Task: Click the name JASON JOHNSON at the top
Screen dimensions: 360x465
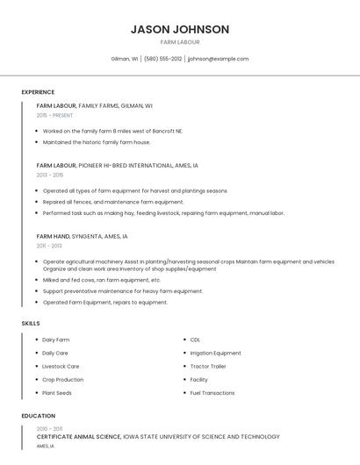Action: [179, 29]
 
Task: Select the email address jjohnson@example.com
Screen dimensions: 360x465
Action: [218, 59]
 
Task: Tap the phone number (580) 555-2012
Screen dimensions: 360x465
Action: [162, 59]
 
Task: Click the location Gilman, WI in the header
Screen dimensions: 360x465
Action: [124, 59]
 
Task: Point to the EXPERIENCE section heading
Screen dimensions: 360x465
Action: [38, 92]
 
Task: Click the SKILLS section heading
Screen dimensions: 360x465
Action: [31, 324]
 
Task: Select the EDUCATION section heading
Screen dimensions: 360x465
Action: [38, 416]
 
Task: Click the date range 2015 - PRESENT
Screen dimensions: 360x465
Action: [54, 115]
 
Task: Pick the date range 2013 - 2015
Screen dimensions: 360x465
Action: [50, 175]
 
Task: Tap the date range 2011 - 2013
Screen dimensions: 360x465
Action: [49, 246]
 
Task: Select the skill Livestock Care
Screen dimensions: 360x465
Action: [61, 366]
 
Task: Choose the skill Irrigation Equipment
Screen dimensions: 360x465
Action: [215, 353]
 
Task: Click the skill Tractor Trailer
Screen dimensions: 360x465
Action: [208, 366]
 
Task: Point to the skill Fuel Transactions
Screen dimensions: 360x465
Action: [212, 393]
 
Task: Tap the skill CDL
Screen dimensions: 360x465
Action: [195, 340]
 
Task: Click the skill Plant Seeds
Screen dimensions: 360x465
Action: [56, 393]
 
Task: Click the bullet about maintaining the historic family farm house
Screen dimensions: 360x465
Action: [97, 142]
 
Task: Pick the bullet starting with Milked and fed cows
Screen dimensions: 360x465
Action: [101, 280]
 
